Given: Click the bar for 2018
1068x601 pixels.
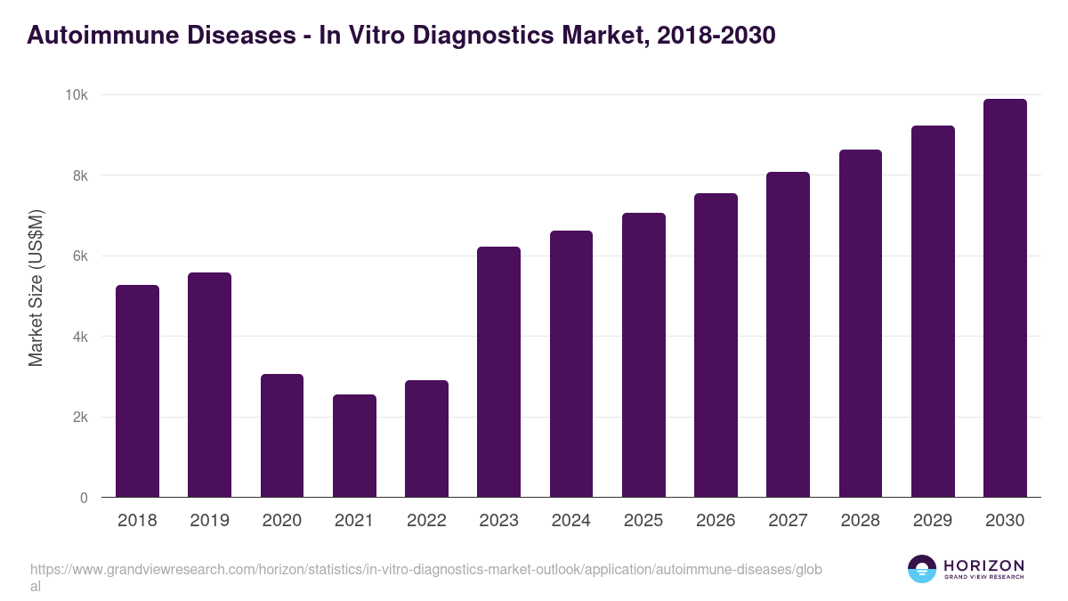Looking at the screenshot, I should (137, 391).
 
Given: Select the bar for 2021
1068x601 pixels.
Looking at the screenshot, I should (354, 445).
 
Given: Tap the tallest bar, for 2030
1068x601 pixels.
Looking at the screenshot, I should (1005, 298).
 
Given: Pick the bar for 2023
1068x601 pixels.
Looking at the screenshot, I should (498, 372).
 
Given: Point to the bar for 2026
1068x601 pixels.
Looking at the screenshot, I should (716, 345).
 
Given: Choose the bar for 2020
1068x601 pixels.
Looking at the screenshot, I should (282, 435).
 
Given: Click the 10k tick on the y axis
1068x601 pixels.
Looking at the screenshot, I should (77, 95).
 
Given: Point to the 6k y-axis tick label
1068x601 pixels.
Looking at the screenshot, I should (80, 256).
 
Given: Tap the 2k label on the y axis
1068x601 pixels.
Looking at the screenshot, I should (80, 418).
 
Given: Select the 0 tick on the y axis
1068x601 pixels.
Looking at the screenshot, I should (84, 499).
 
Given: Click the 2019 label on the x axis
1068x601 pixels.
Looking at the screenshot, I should (209, 521).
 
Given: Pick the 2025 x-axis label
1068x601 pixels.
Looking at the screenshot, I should (643, 521).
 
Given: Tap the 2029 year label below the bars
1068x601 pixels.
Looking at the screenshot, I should (933, 521).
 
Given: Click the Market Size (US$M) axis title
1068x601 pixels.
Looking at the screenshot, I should (36, 287).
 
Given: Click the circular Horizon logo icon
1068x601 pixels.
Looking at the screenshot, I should (922, 569).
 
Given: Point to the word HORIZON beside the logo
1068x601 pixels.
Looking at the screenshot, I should (983, 565).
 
